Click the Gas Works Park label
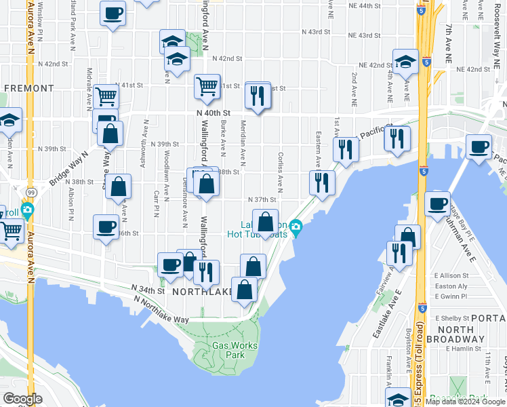[x=235, y=350]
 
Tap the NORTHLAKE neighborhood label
[x=203, y=292]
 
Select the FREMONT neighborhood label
[x=28, y=88]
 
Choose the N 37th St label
[x=262, y=200]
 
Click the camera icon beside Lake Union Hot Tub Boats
[x=296, y=226]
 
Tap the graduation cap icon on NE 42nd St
[x=405, y=62]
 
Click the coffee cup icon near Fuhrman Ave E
[x=438, y=203]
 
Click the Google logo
[x=22, y=399]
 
